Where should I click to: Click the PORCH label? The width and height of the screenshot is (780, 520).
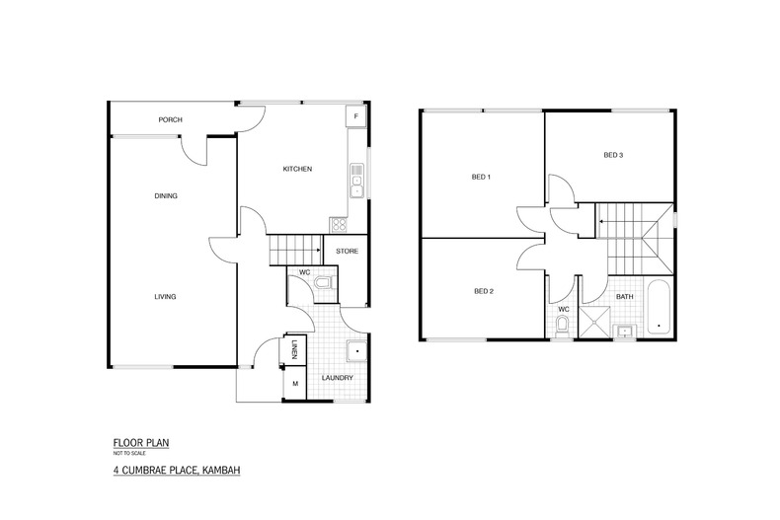pos(171,120)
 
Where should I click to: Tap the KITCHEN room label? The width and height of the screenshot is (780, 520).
pos(297,170)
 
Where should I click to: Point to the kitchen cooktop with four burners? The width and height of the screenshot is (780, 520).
pos(341,223)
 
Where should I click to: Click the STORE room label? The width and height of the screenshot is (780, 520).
pos(347,251)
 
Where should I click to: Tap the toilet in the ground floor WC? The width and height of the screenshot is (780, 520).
pos(323,284)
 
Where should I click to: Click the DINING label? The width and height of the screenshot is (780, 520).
pos(166,195)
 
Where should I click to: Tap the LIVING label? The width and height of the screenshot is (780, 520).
pos(165,296)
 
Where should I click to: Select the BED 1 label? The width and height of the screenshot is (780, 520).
pos(482,177)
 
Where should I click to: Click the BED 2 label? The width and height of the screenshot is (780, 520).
pos(483,291)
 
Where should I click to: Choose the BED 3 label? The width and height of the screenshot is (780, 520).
pos(614,155)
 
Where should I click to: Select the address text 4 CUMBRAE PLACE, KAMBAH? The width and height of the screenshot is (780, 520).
pos(177,471)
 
